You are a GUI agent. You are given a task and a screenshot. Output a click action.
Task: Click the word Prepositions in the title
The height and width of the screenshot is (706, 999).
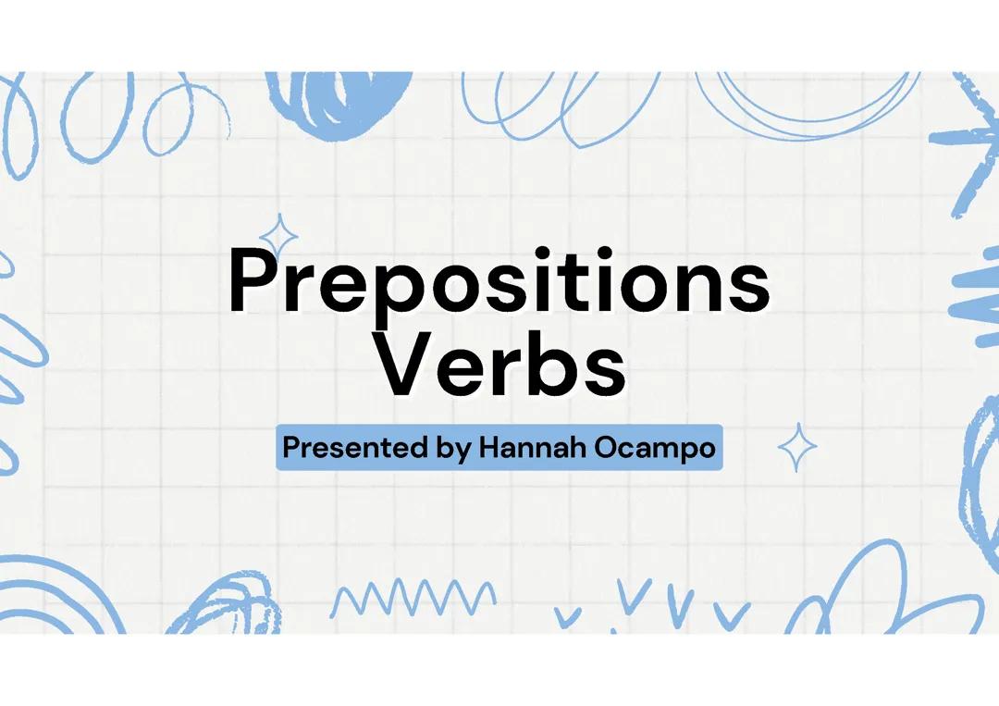tap(499, 281)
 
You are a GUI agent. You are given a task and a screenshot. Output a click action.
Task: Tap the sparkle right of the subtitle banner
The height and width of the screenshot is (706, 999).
tap(796, 449)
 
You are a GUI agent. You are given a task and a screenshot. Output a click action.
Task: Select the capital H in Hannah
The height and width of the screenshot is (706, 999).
tap(489, 448)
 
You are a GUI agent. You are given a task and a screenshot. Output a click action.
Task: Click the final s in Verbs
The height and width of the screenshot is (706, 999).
tap(604, 370)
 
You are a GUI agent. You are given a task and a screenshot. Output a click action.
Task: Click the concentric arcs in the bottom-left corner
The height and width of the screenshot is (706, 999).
tap(55, 597)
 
